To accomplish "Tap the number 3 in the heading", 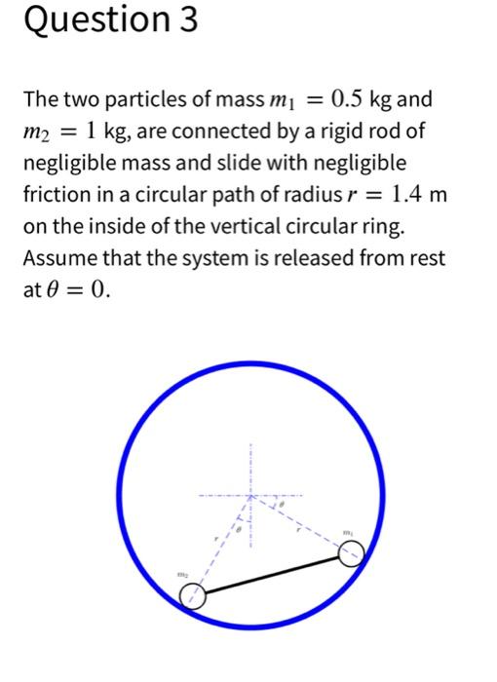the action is [185, 20].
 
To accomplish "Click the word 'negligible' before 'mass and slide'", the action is [68, 163].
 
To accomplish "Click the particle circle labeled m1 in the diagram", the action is [351, 554].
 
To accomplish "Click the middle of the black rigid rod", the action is [273, 576].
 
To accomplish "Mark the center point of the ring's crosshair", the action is [250, 497].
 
